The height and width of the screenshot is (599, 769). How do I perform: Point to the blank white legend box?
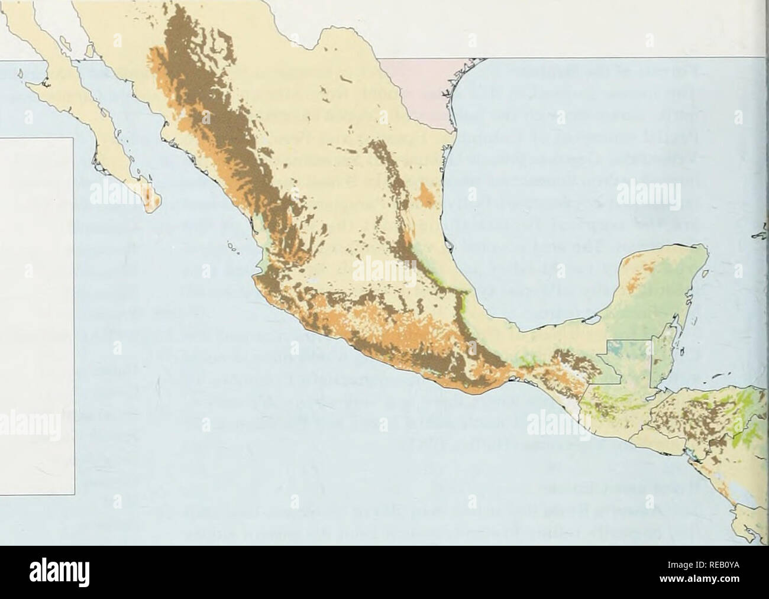[35, 313]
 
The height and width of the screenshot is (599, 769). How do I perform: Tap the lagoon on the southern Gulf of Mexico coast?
[589, 322]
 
